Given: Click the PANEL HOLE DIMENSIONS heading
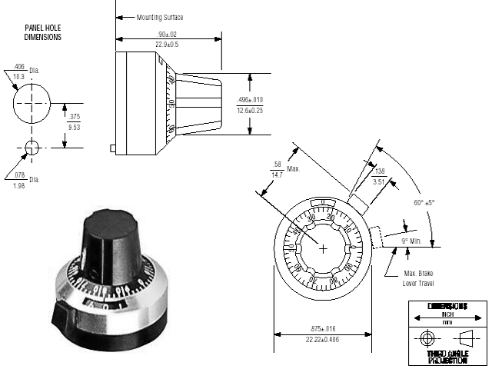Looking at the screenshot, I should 43,32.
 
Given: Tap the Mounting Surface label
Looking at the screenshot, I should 160,16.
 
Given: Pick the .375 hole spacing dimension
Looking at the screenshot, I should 74,117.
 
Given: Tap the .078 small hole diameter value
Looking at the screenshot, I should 20,175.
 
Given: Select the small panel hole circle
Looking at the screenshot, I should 32,148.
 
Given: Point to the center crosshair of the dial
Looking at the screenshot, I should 323,248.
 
